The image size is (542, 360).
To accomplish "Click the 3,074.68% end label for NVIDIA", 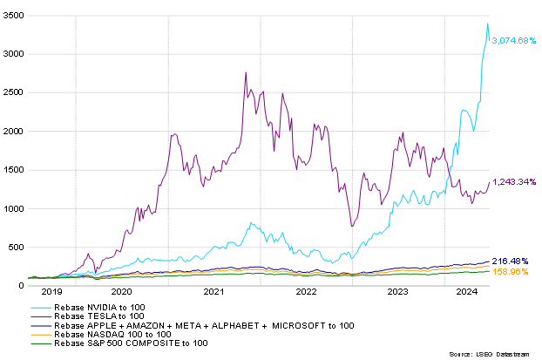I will (x=515, y=40).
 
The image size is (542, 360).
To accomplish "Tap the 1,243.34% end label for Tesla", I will (x=515, y=181).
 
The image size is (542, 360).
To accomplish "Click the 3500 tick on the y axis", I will (x=14, y=15).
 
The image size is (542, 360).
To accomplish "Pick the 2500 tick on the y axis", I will (x=14, y=92).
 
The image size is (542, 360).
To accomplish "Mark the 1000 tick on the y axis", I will (x=14, y=208).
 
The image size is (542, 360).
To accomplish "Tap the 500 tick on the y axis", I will (x=17, y=247).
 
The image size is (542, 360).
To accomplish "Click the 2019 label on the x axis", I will (x=52, y=293).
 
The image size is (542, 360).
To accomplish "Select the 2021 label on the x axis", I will (x=213, y=293).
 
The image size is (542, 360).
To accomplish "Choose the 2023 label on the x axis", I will (x=397, y=293).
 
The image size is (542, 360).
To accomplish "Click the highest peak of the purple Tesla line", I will (x=246, y=72).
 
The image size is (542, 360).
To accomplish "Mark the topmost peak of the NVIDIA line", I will (x=487, y=24).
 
